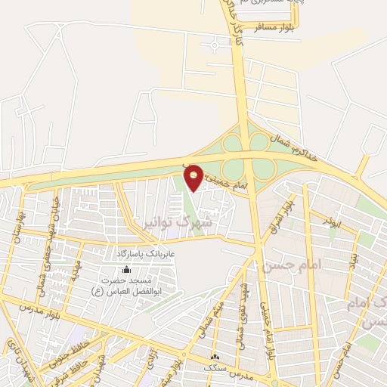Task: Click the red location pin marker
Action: [194, 177]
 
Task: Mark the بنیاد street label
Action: [353, 262]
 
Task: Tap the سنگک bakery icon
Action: [215, 356]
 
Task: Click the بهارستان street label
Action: [14, 224]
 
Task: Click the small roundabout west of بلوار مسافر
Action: [215, 46]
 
